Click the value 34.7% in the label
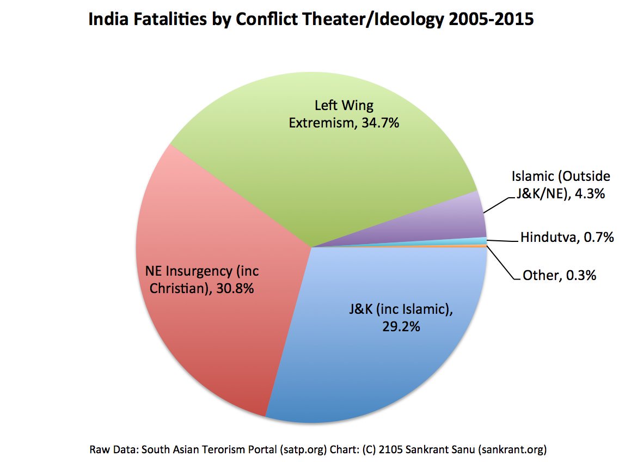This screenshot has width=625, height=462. [x=379, y=123]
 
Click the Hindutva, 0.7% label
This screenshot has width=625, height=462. [x=567, y=238]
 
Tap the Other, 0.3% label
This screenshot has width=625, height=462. [x=559, y=275]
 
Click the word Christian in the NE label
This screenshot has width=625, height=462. [x=177, y=288]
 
